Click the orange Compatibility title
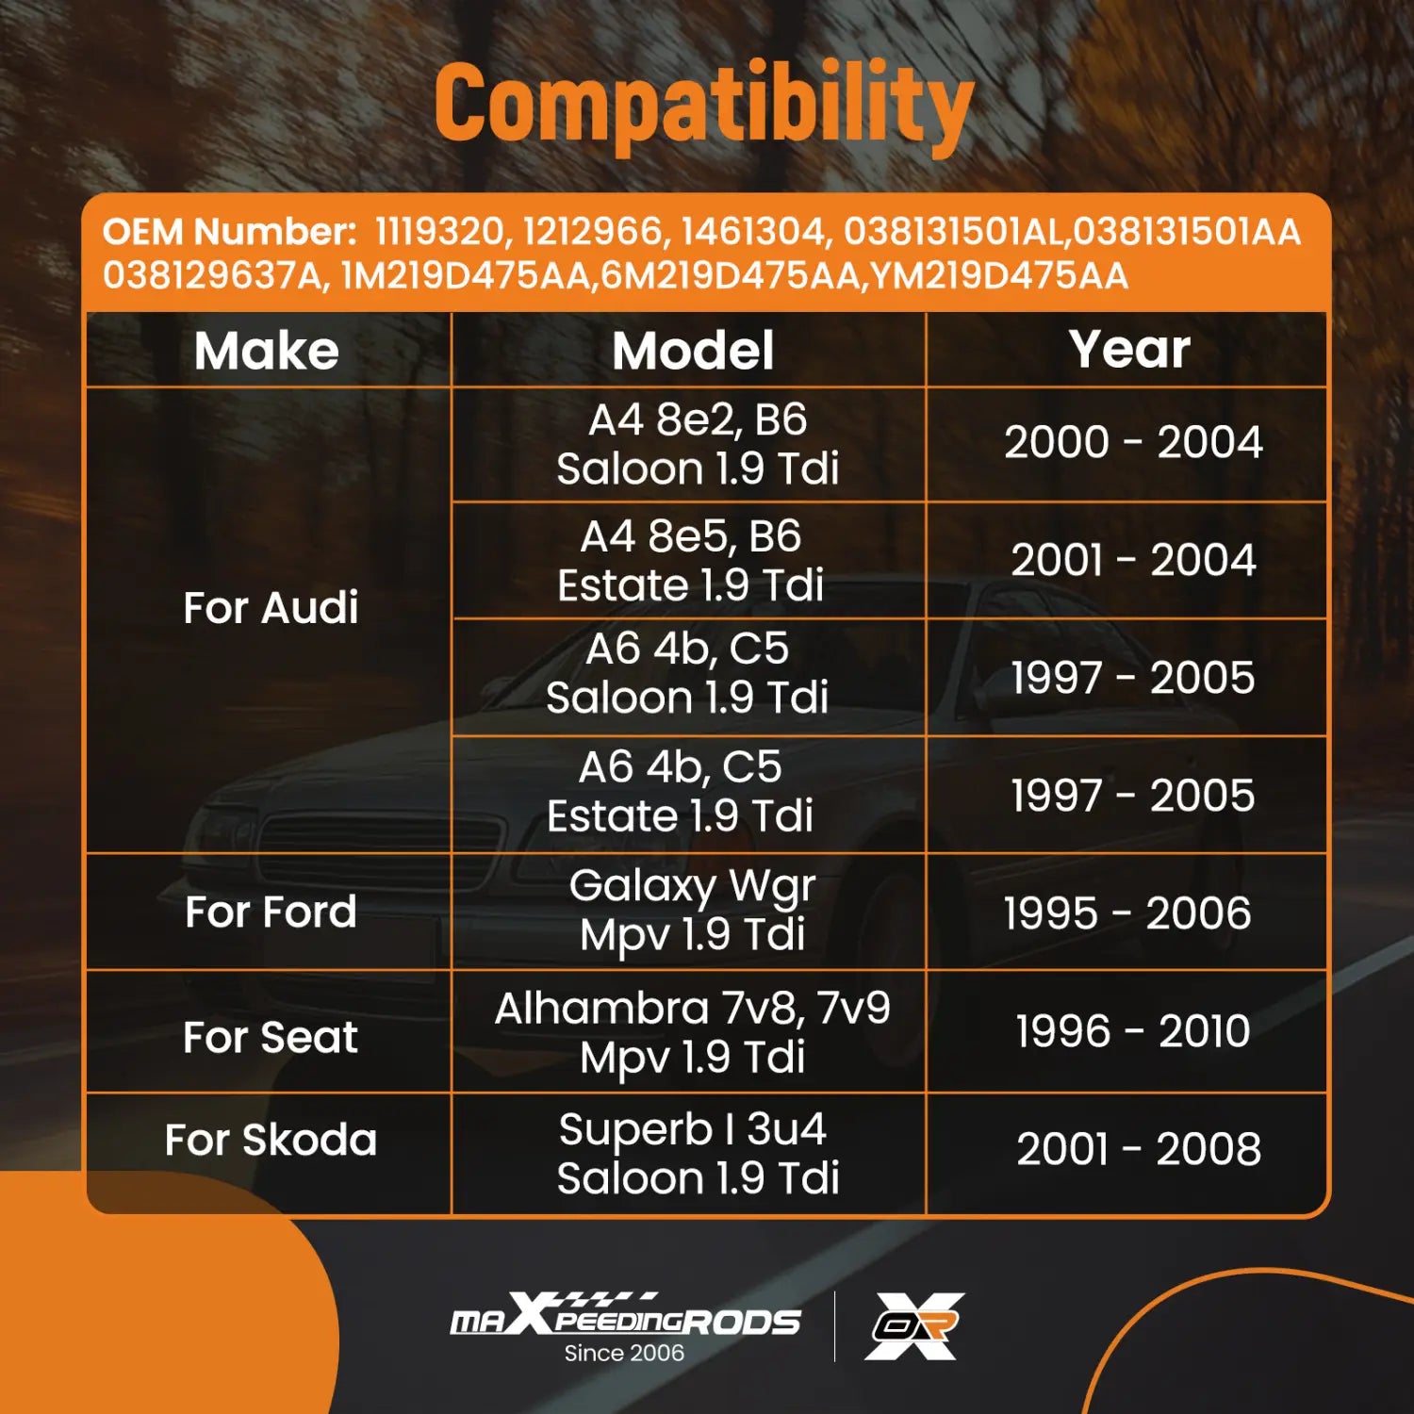[x=703, y=105]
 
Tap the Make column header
[x=267, y=351]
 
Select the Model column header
[x=693, y=351]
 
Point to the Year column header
[x=1129, y=349]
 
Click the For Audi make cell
[x=271, y=607]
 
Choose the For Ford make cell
[x=271, y=912]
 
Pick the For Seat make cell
[x=271, y=1037]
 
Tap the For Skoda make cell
[x=271, y=1139]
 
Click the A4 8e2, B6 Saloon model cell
[x=698, y=444]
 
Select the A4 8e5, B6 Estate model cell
[x=691, y=561]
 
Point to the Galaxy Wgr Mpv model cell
[x=693, y=911]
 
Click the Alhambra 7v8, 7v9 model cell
[x=693, y=1032]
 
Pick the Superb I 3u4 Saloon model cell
[x=698, y=1153]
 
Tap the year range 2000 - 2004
[x=1133, y=442]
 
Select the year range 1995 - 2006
[x=1127, y=913]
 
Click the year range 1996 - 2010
[x=1133, y=1030]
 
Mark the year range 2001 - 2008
[x=1139, y=1148]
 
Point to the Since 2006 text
[x=624, y=1353]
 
